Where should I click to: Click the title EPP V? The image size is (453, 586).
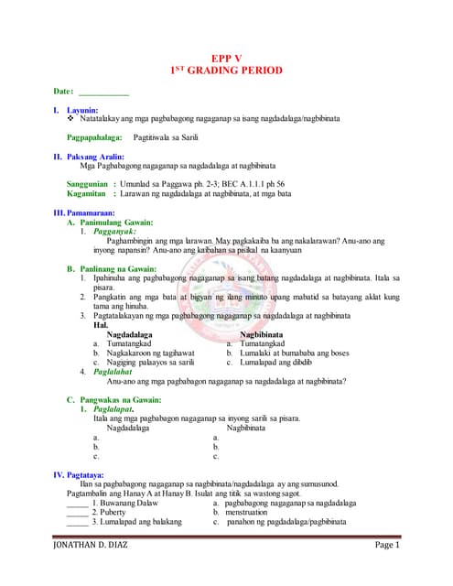(226, 57)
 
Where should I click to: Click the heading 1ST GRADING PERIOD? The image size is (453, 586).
(226, 71)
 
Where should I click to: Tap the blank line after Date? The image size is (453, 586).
(103, 93)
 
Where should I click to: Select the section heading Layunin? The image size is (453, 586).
(81, 111)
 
